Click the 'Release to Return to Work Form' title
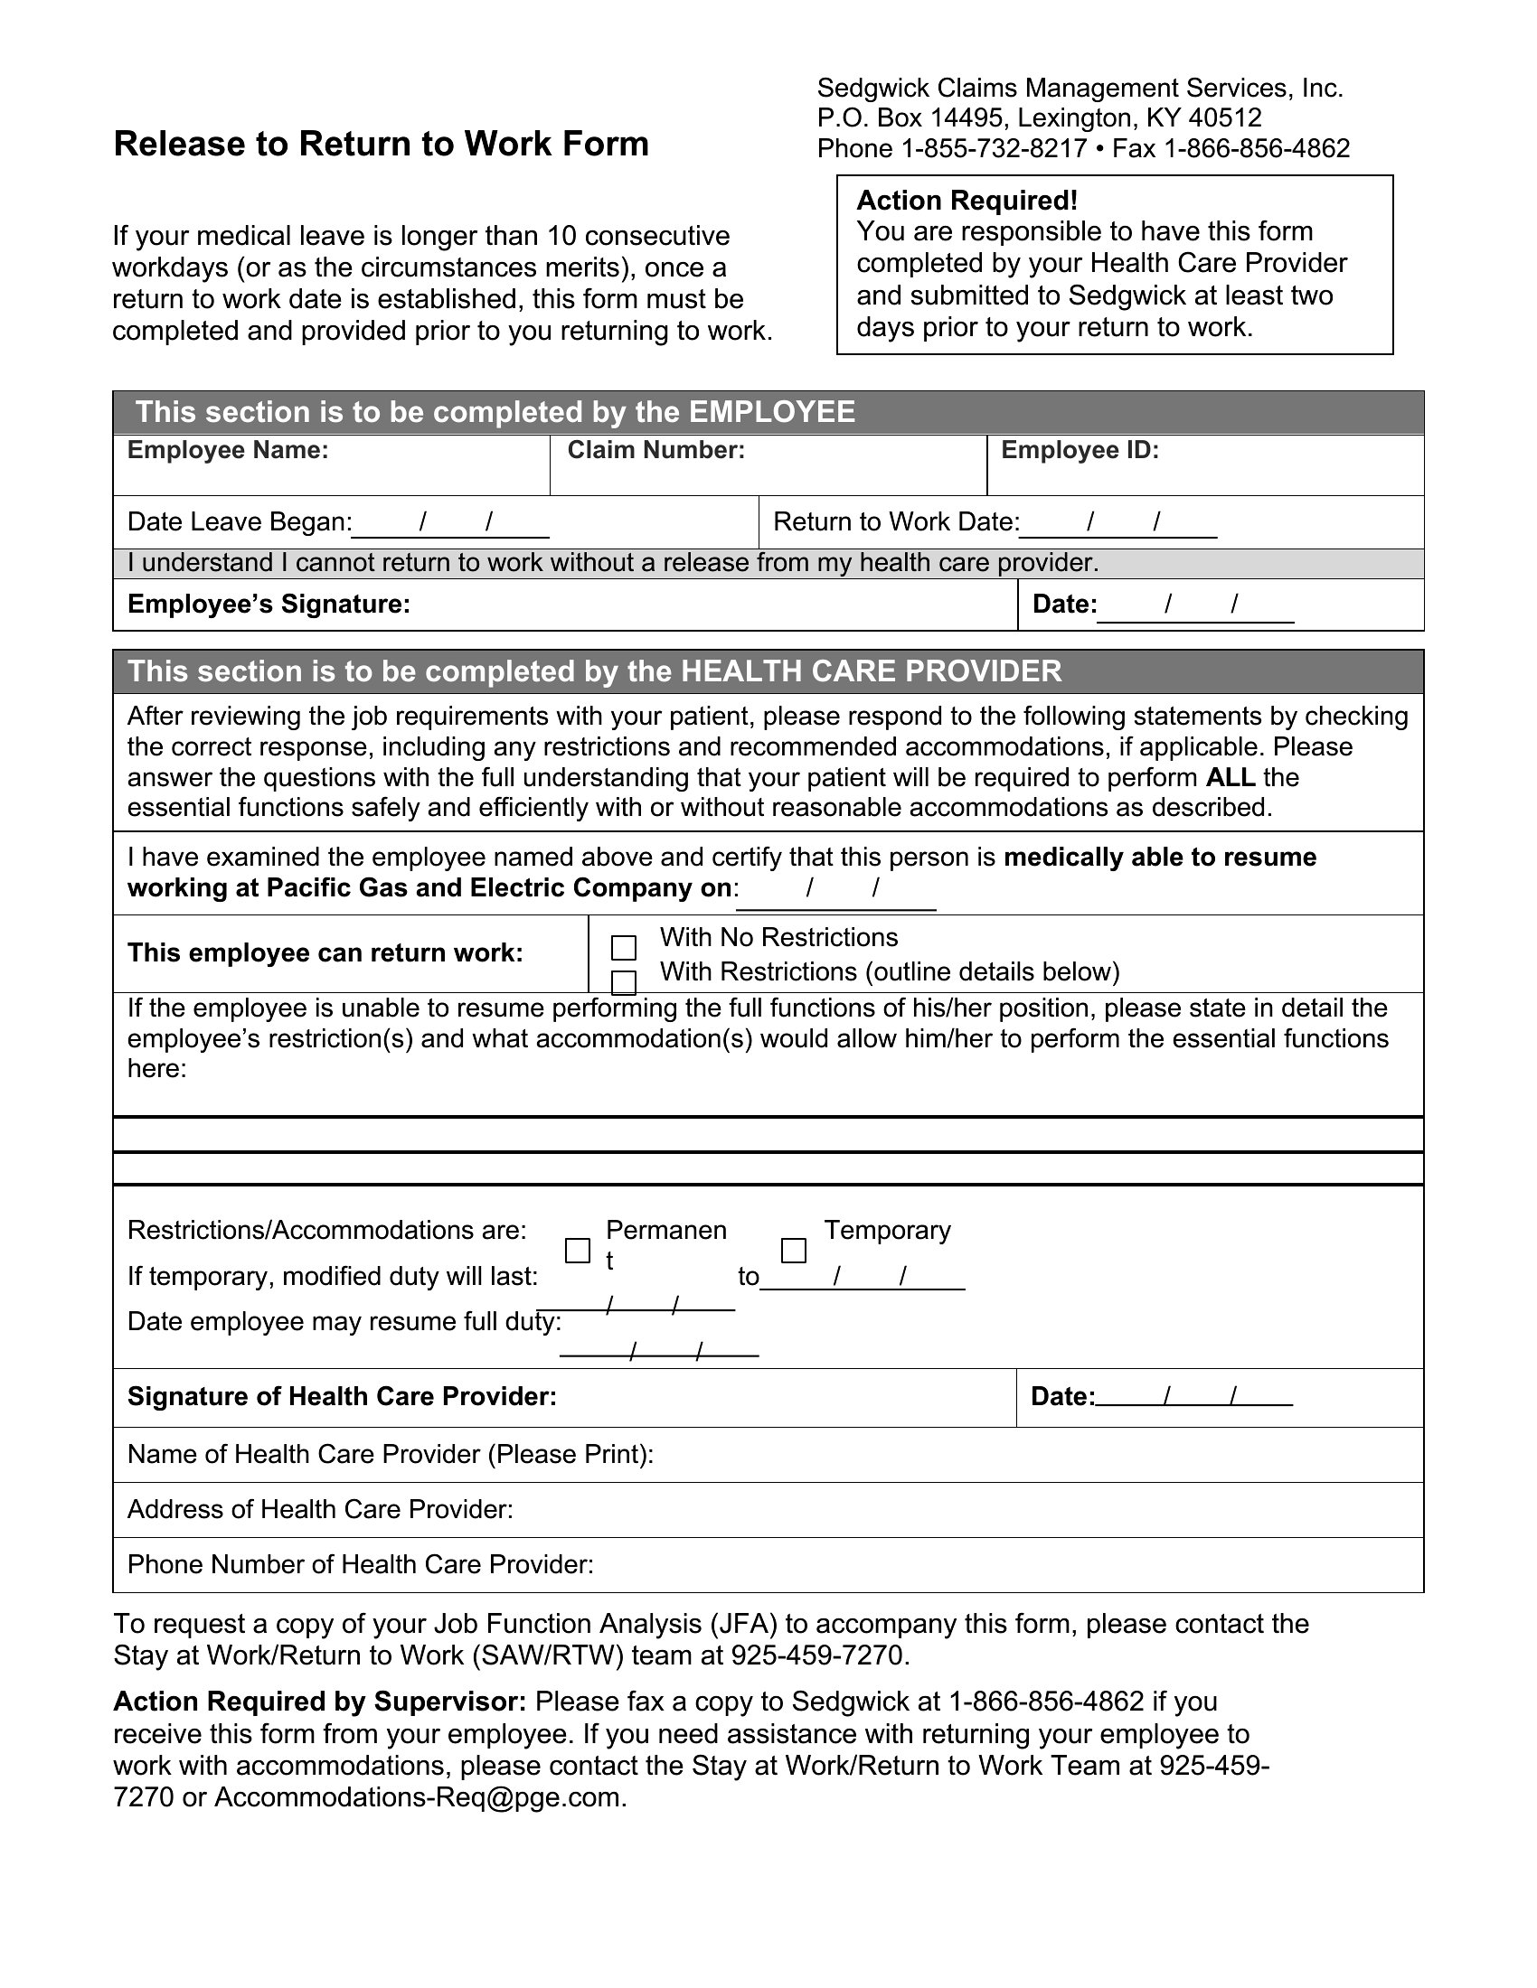pos(381,144)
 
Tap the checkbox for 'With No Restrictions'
pos(624,948)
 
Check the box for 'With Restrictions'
pos(624,982)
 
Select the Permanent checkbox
pos(578,1251)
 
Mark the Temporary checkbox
pos(794,1251)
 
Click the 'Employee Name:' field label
pos(228,451)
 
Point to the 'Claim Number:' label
pos(655,451)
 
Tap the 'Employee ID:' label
pos(1080,451)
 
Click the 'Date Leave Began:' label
pos(240,521)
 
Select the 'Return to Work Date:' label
pos(896,521)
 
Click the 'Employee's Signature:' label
pos(269,605)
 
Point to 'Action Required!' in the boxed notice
pos(967,201)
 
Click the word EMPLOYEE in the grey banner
pos(771,412)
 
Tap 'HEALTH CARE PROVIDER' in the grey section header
pos(871,671)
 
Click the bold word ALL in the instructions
pos(1231,777)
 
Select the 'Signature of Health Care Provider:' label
pos(342,1396)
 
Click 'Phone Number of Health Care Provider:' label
pos(361,1564)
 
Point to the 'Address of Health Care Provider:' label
pos(321,1509)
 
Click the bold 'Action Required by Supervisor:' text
pos(319,1702)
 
